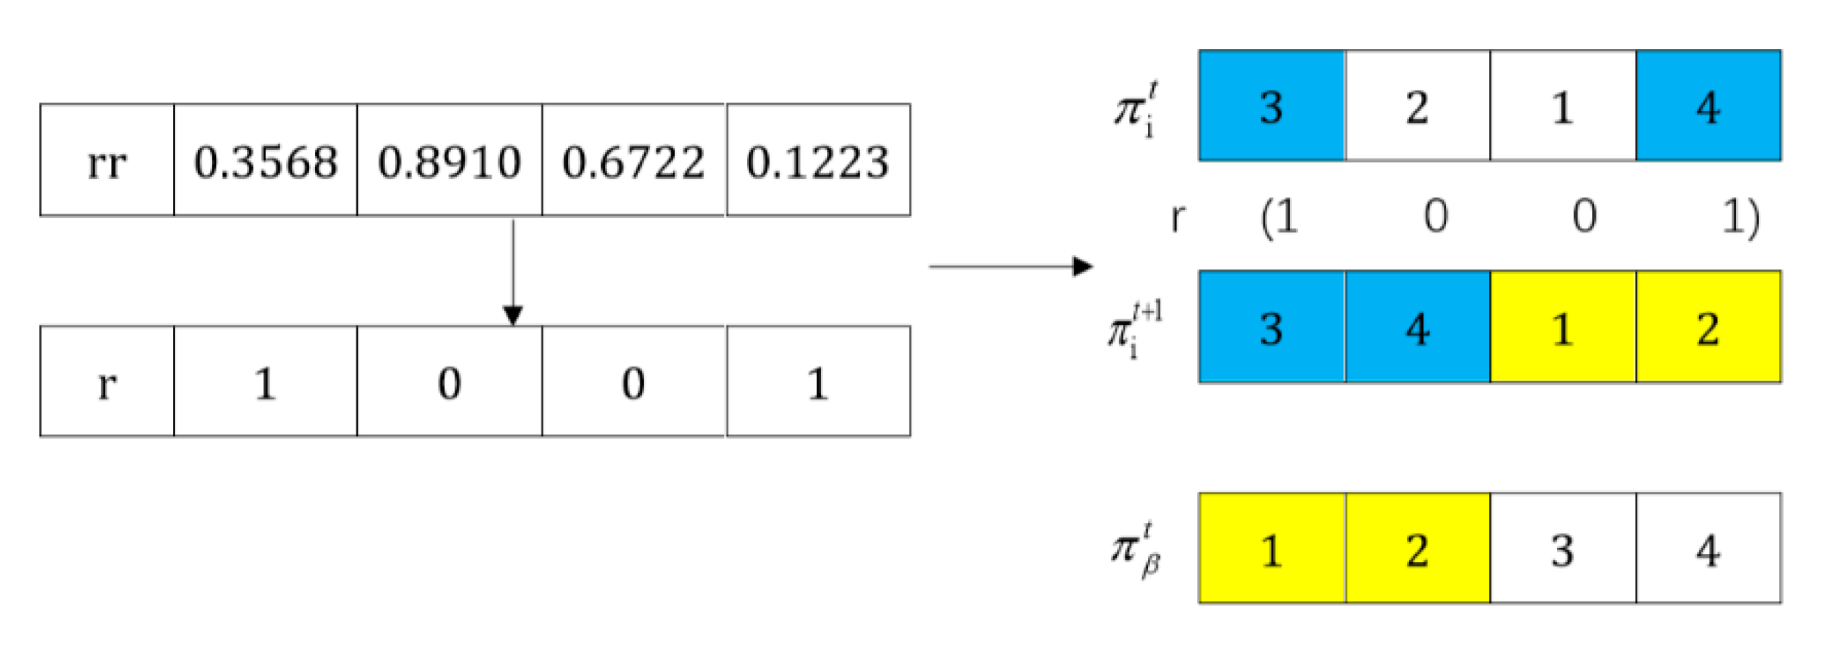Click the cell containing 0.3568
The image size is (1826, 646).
coord(265,161)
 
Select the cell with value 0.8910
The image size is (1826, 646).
coord(449,161)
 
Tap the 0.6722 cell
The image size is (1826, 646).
coord(633,161)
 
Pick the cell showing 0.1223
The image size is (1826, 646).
coord(818,161)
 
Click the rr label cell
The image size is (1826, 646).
coord(106,161)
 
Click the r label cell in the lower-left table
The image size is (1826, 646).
coord(106,382)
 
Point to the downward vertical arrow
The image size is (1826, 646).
coord(514,272)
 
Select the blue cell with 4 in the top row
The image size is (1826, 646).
coord(1708,106)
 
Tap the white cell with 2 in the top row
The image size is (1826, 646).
coord(1417,106)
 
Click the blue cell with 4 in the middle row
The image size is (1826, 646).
coord(1417,328)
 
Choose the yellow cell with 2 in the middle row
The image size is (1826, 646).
coord(1708,328)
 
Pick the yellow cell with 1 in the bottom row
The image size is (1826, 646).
coord(1272,549)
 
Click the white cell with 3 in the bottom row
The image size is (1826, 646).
coord(1562,549)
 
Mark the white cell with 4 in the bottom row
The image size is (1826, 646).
coord(1708,549)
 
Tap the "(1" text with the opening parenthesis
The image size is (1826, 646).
coord(1279,217)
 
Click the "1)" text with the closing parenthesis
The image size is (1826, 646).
coord(1740,217)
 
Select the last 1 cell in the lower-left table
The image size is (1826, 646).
coord(818,382)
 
